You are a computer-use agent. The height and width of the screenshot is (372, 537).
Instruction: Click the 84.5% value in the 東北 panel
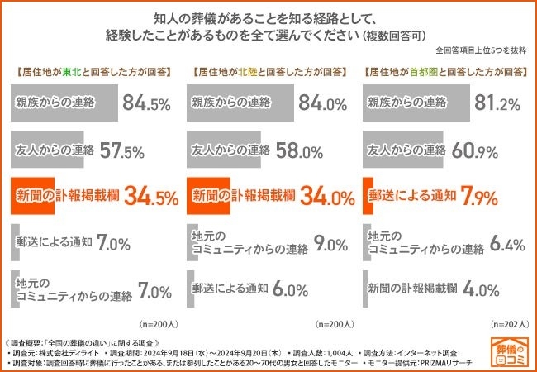click(145, 104)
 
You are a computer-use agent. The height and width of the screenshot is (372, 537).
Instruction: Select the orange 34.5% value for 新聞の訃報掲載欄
click(145, 197)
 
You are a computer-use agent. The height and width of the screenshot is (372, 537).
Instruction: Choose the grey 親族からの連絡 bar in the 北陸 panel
click(240, 104)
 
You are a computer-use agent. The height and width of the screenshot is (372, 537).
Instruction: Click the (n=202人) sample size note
click(505, 324)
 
